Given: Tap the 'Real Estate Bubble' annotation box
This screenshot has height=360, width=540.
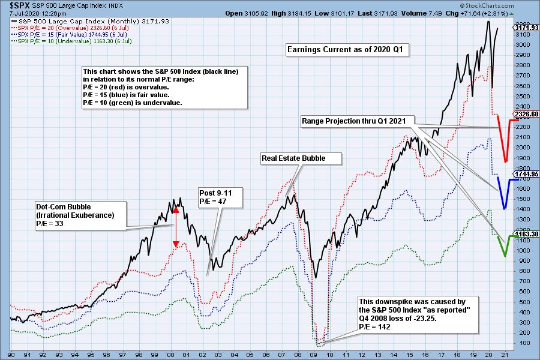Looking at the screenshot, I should coord(301,158).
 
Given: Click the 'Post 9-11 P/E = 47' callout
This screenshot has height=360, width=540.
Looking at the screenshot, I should coord(220,197).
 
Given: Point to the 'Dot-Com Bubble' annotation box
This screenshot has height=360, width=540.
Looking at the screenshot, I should coord(82,215).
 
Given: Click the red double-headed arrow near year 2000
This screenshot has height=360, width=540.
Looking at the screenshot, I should coord(176,227).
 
